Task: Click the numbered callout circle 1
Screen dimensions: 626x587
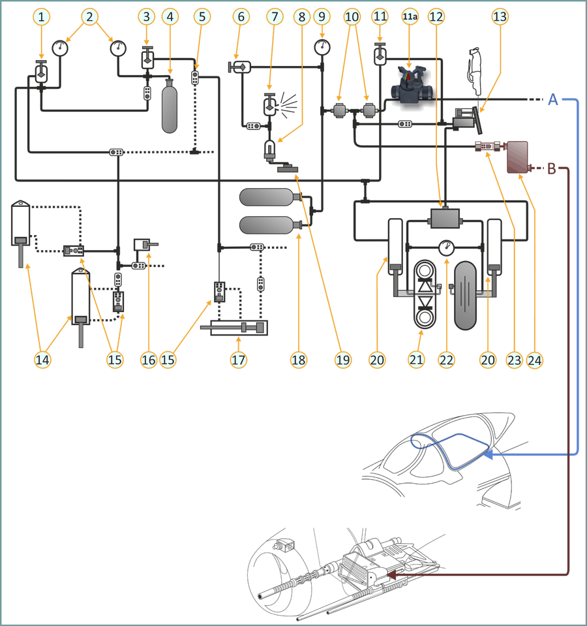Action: [x=42, y=17]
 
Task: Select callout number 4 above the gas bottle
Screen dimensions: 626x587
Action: [x=171, y=17]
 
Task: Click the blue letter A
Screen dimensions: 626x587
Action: [x=552, y=100]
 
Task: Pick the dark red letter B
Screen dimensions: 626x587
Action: [x=551, y=169]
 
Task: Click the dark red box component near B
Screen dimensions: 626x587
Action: [x=518, y=157]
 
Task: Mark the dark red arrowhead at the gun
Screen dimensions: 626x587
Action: [x=391, y=575]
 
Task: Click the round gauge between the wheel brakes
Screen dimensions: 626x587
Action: [x=446, y=248]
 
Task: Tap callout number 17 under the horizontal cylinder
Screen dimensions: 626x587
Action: [x=239, y=359]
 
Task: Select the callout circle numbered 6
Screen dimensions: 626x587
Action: [x=239, y=17]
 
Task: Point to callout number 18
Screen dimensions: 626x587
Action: [x=299, y=359]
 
